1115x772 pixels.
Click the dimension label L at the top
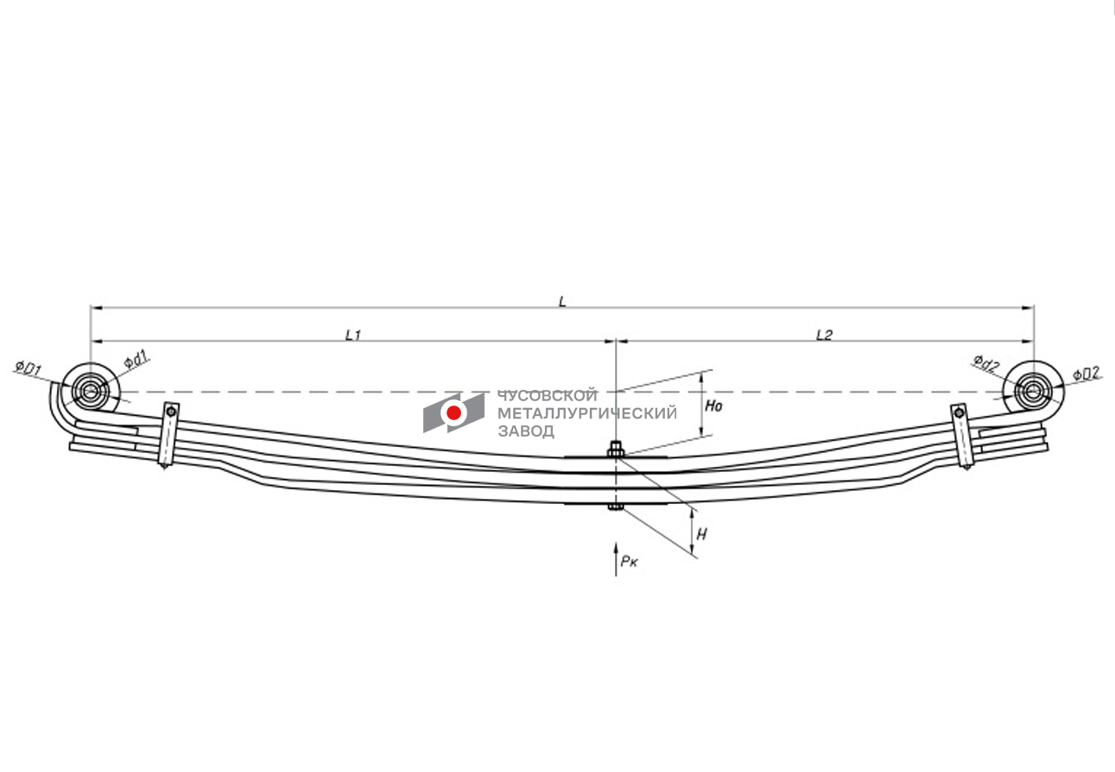(562, 301)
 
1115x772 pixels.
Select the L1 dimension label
(353, 335)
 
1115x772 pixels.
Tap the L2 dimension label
(824, 335)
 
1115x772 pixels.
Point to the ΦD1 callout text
(29, 369)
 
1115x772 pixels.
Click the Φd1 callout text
(136, 360)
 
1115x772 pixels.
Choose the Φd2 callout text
(986, 363)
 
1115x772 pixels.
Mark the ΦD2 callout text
(1086, 373)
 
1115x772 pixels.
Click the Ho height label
(713, 406)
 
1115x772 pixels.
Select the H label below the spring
(701, 535)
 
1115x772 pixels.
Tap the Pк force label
(629, 562)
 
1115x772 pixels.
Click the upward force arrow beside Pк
(616, 558)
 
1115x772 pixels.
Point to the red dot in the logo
(453, 412)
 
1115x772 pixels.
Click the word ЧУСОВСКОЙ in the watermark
(548, 395)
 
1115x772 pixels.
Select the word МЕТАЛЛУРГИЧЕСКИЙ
(587, 413)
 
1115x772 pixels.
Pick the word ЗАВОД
(526, 431)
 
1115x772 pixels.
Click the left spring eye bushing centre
(91, 392)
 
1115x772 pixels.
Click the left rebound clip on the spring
(169, 435)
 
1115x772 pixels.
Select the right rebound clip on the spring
(962, 436)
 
